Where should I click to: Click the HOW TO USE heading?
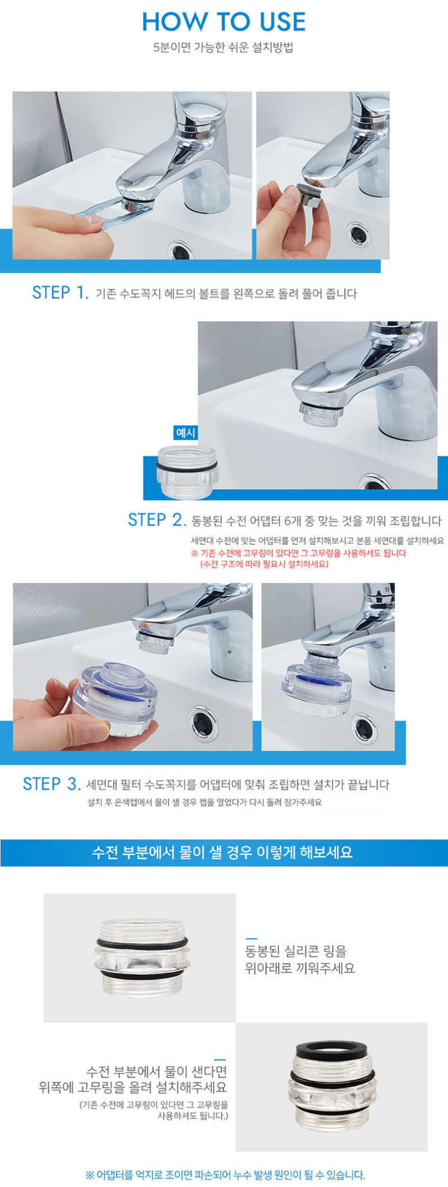click(223, 21)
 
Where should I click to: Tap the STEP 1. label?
click(60, 293)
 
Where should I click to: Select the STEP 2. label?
click(157, 520)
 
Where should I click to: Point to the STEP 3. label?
click(52, 784)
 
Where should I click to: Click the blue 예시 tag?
click(186, 433)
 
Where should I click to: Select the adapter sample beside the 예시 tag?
click(186, 472)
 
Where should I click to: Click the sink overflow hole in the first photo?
click(180, 250)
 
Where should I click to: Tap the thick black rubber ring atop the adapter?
click(330, 1051)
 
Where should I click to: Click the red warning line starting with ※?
click(298, 554)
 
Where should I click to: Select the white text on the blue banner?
click(223, 853)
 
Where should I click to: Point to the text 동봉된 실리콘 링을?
click(296, 951)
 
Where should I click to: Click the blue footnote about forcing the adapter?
click(225, 1175)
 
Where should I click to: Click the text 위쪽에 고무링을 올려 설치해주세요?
click(133, 1087)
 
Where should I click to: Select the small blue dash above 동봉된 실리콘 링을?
click(251, 938)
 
